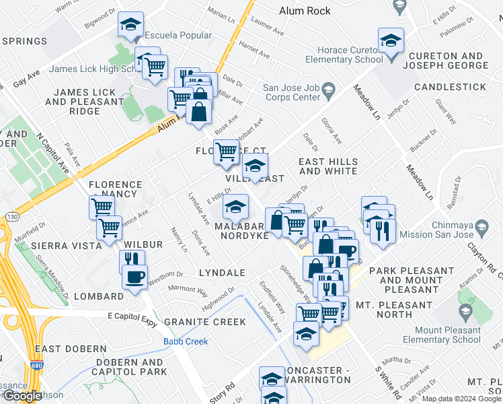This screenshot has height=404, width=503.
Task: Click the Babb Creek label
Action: click(x=181, y=341)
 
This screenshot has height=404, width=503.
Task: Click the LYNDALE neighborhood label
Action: click(x=221, y=273)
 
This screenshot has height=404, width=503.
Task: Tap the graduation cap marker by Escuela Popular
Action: click(x=130, y=25)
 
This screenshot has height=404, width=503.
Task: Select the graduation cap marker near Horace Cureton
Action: click(x=391, y=40)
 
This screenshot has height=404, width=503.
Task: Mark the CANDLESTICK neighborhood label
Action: click(x=450, y=88)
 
